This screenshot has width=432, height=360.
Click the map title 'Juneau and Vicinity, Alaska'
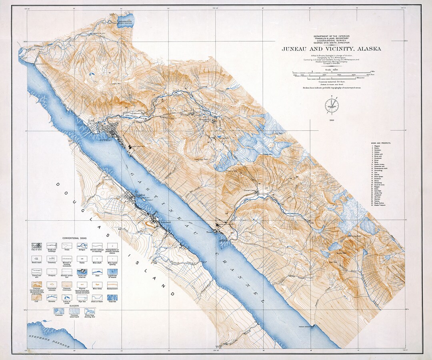point(331,49)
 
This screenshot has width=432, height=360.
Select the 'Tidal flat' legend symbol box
point(112,297)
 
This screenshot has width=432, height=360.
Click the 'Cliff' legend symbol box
point(37,297)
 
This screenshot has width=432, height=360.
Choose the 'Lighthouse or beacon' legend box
point(112,272)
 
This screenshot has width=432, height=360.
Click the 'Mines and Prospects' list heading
point(380,143)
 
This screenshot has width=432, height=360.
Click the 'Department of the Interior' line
point(331,36)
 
